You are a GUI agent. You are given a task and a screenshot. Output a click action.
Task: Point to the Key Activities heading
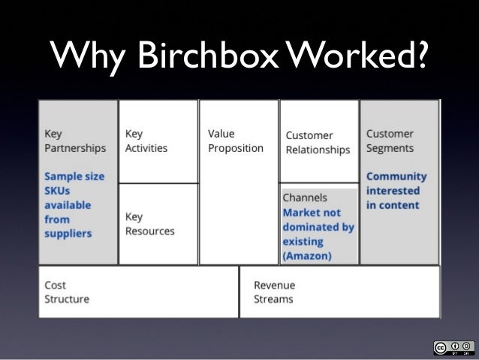tap(146, 141)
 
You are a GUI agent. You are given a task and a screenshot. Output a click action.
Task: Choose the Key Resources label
tap(149, 223)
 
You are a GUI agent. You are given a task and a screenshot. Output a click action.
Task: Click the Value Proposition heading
tap(235, 141)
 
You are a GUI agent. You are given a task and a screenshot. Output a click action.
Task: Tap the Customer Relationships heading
tap(318, 142)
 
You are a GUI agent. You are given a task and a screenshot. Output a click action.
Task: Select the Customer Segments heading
tap(390, 141)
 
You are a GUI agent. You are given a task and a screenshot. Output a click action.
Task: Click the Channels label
tap(305, 198)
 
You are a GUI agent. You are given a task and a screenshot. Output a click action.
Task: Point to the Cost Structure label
tap(66, 292)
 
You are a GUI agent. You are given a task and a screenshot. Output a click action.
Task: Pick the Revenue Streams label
tap(274, 292)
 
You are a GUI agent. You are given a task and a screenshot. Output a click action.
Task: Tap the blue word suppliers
tap(68, 233)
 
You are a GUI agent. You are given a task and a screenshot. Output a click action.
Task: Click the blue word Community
tap(396, 177)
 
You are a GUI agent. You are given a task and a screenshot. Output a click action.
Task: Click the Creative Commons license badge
tap(453, 347)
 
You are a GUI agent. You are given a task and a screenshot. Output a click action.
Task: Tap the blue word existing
tap(303, 241)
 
